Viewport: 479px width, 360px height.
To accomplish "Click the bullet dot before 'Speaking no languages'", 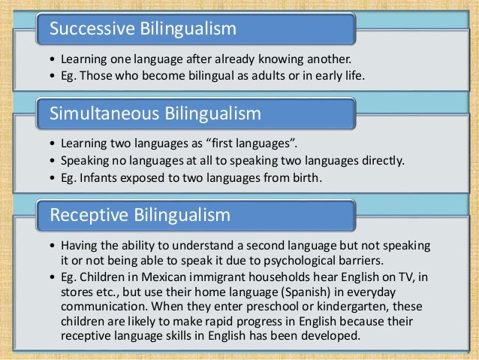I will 50,160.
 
